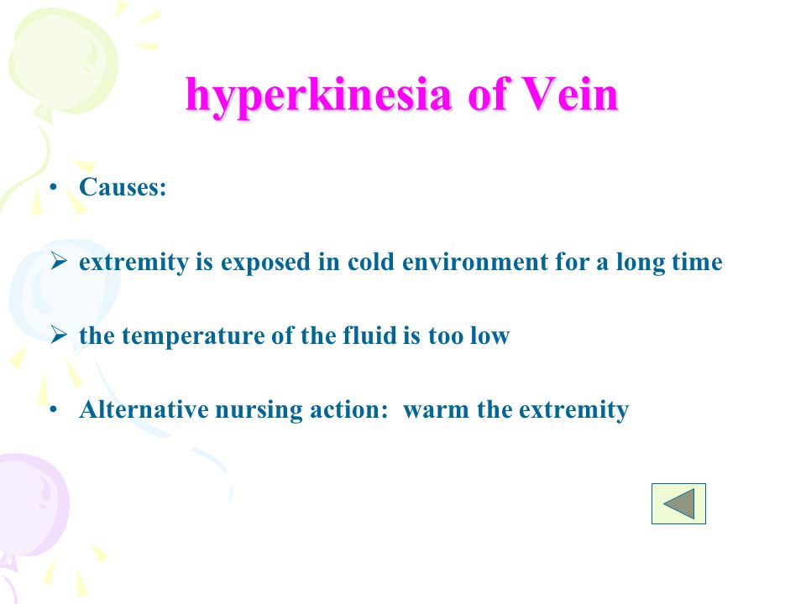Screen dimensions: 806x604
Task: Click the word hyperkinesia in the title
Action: point(319,96)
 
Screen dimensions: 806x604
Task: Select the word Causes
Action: point(123,187)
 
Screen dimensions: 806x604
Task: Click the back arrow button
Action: point(678,503)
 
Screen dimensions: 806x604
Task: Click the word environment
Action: point(475,262)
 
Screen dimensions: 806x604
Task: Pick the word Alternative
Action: point(144,410)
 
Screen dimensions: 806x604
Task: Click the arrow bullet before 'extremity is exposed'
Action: point(59,262)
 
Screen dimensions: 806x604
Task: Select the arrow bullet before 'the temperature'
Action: point(59,336)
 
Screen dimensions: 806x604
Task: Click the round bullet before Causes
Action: point(53,188)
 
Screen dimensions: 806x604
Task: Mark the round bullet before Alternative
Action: point(53,411)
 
